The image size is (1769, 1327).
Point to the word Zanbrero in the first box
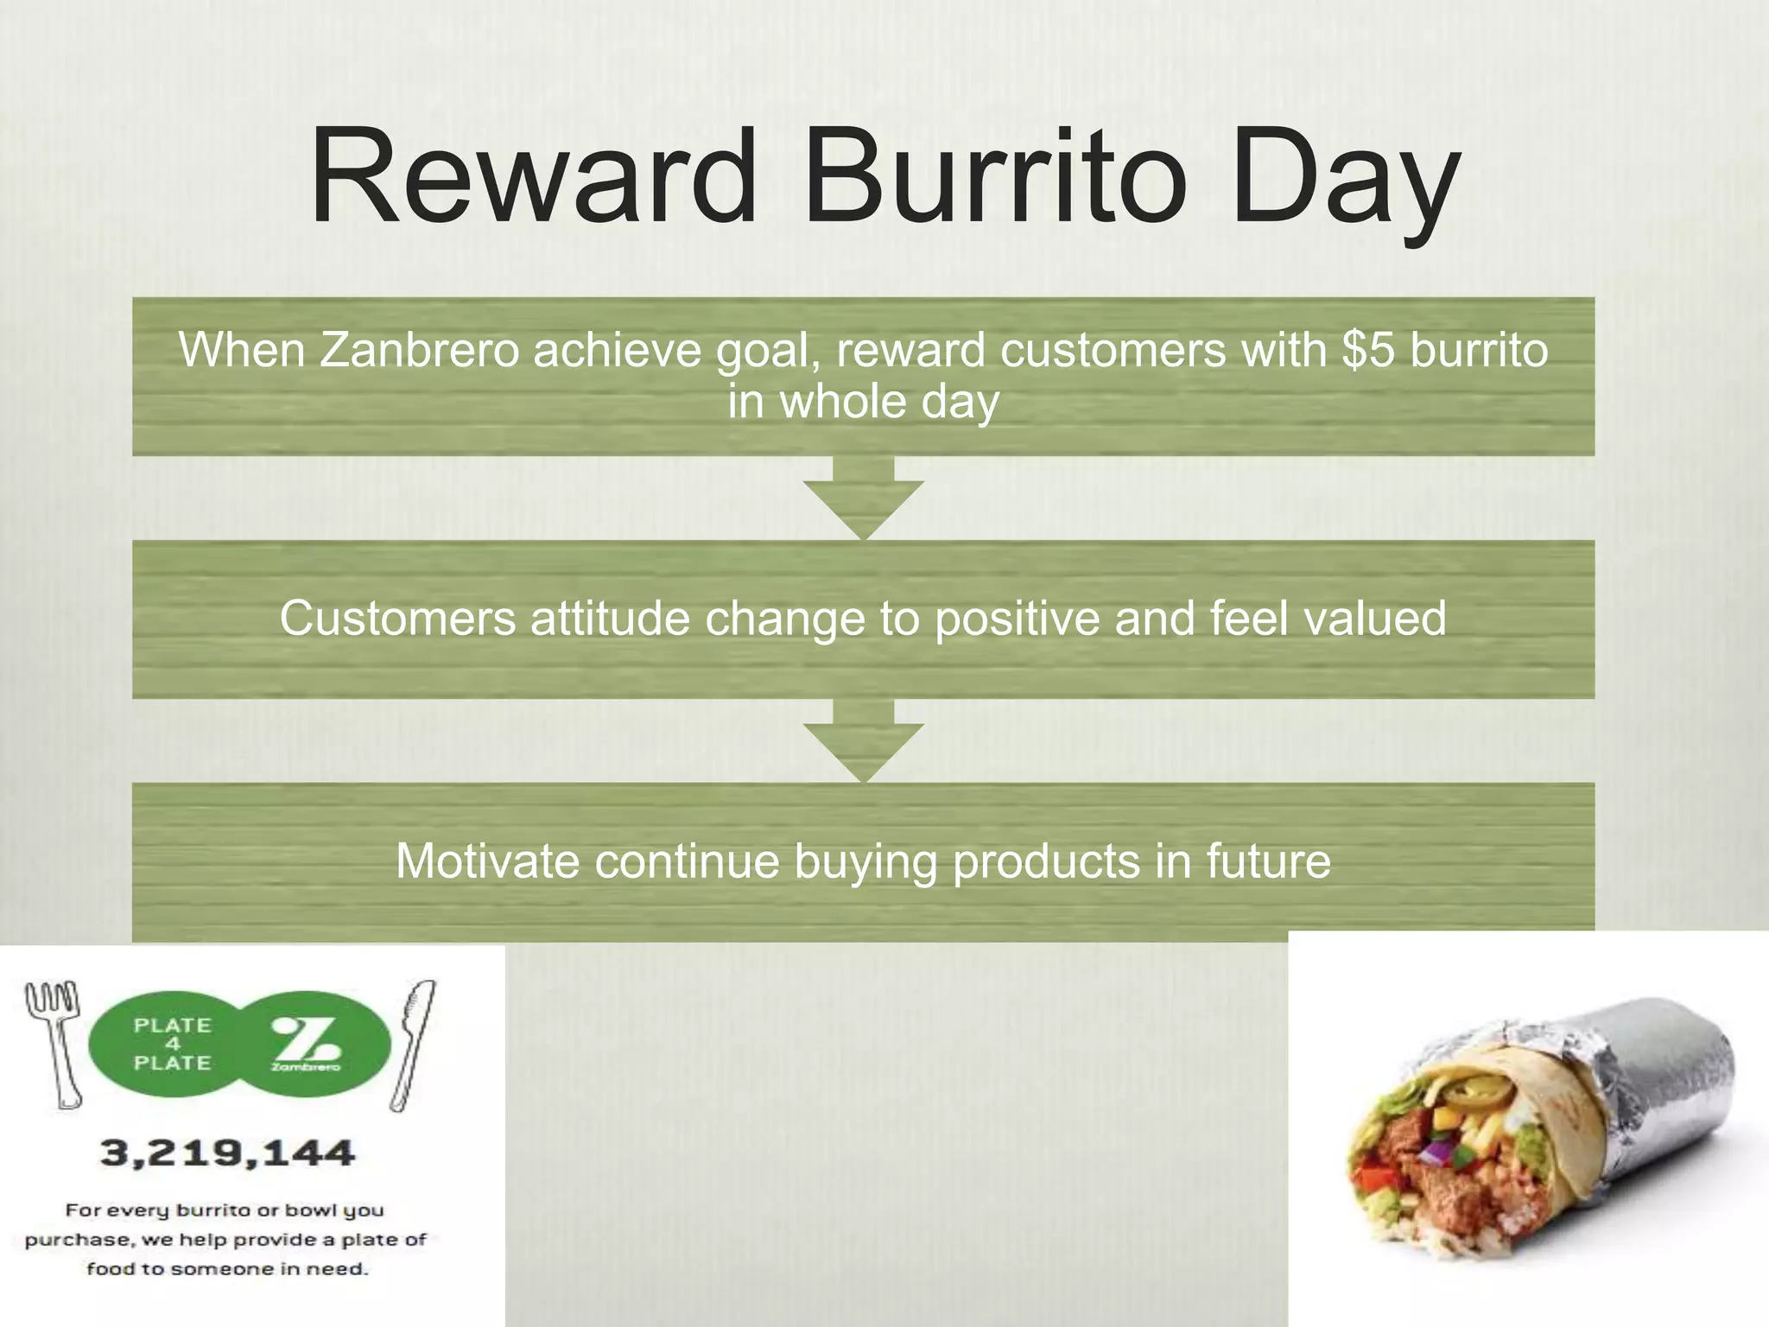coord(419,350)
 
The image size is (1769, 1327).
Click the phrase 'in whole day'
coord(863,402)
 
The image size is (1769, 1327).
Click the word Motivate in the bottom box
coord(487,861)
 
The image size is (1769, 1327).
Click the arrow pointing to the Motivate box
coord(863,741)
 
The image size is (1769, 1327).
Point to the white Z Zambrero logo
coord(307,1043)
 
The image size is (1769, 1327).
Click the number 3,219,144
coord(227,1153)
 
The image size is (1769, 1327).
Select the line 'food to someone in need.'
coord(227,1269)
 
